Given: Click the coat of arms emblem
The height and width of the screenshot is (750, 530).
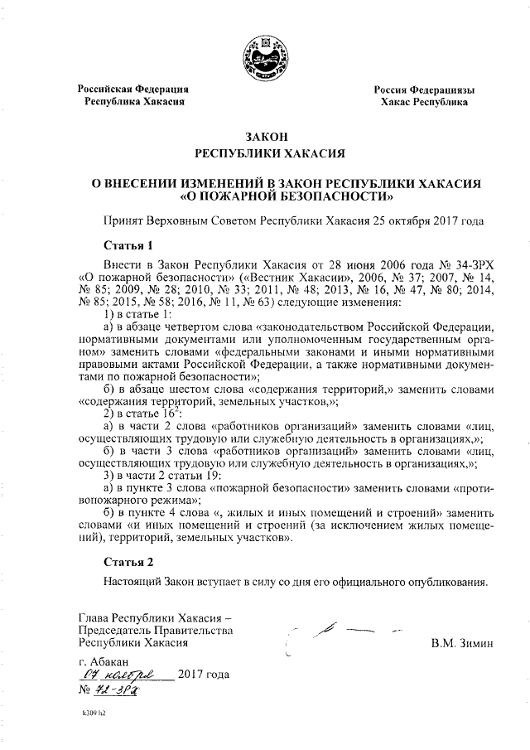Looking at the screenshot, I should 265,54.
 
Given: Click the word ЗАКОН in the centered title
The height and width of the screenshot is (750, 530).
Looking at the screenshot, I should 265,136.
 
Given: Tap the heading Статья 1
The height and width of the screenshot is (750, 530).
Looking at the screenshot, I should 129,245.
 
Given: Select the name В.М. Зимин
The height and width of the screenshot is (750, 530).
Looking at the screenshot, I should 461,642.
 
